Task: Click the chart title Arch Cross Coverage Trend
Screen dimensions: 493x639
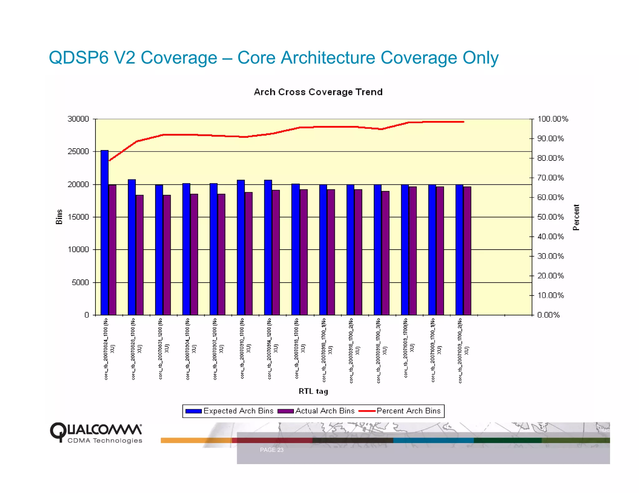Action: click(318, 92)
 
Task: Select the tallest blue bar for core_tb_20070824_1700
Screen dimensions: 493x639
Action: click(105, 232)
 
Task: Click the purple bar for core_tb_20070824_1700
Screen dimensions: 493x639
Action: click(112, 249)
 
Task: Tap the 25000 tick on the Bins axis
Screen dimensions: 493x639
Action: click(78, 151)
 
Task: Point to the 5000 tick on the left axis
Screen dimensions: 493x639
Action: click(80, 282)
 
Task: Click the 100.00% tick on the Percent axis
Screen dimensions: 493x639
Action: click(553, 119)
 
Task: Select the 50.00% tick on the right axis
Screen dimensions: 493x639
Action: click(550, 217)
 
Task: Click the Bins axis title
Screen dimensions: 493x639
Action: click(59, 217)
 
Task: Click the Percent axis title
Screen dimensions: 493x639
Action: click(576, 217)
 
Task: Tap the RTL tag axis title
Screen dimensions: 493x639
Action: click(313, 391)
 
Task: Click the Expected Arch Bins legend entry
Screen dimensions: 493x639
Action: click(229, 411)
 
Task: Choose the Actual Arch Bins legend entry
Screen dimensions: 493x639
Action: click(316, 411)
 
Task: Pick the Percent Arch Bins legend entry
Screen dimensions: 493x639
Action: click(400, 411)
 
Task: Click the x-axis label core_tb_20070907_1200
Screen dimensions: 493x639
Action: click(217, 349)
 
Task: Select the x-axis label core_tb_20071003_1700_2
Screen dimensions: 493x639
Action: click(463, 351)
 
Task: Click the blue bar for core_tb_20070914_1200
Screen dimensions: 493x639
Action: click(268, 248)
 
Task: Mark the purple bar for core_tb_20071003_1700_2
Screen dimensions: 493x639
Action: click(467, 251)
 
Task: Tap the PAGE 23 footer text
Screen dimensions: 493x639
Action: click(271, 450)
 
